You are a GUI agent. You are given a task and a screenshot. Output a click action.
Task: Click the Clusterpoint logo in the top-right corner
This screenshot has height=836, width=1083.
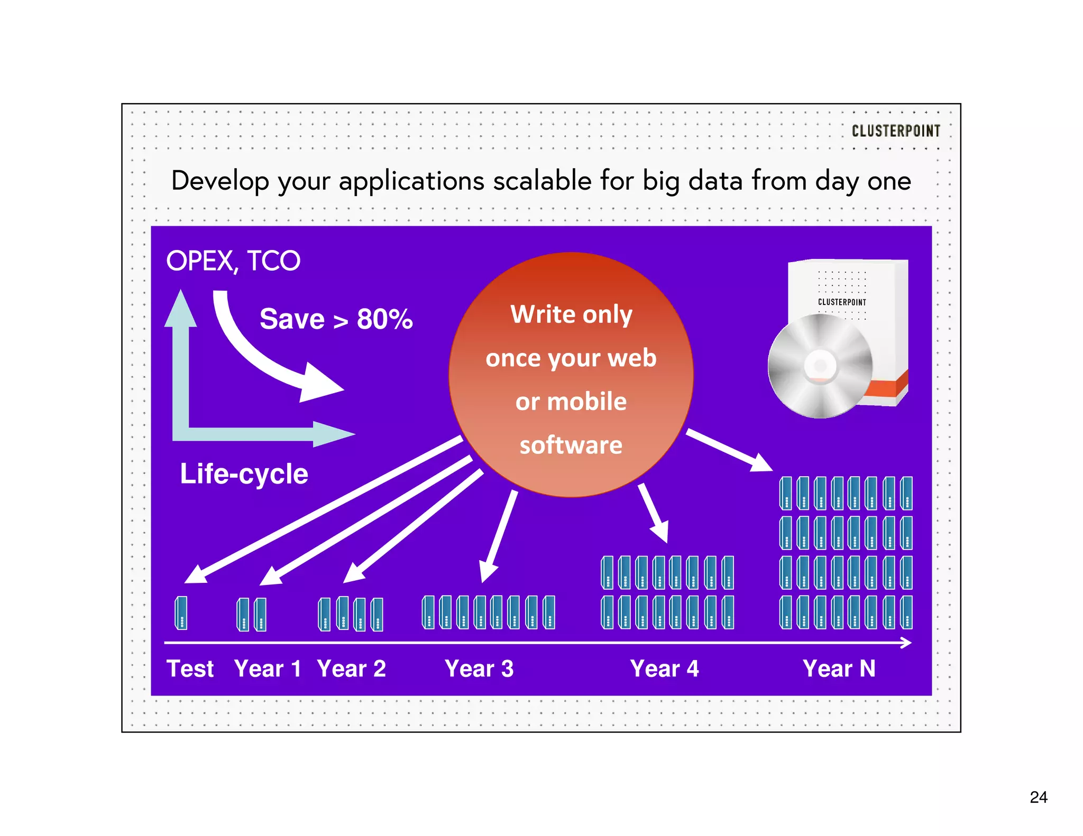click(x=896, y=131)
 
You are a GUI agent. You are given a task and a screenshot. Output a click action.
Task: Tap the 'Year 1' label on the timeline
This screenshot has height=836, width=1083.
click(x=268, y=668)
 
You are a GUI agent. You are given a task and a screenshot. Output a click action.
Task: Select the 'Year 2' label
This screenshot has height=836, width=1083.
click(x=351, y=668)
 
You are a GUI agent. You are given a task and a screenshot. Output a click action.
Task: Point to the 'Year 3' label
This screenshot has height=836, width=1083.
click(x=479, y=668)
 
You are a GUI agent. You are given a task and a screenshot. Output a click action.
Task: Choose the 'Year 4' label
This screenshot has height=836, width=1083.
click(x=664, y=668)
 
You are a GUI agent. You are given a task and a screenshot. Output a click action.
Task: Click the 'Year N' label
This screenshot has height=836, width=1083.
click(x=839, y=668)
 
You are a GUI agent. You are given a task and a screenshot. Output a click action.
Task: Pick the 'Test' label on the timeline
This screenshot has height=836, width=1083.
click(x=190, y=668)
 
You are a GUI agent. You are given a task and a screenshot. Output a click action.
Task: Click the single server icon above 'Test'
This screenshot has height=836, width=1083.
click(x=181, y=613)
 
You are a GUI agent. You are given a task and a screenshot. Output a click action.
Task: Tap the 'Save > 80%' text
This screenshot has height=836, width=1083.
click(x=336, y=319)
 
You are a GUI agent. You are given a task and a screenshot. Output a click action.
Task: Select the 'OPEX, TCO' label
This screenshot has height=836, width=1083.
click(x=233, y=261)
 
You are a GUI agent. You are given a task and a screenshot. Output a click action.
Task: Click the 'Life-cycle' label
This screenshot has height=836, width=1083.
click(x=244, y=473)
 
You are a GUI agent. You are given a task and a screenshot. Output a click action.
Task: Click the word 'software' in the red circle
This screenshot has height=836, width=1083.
click(x=571, y=445)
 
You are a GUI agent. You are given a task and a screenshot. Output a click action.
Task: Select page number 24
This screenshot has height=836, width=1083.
click(x=1039, y=797)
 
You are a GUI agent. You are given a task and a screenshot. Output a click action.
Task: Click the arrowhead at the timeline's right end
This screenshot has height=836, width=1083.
click(x=906, y=643)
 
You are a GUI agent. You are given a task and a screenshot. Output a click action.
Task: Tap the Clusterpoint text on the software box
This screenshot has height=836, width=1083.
click(x=842, y=302)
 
